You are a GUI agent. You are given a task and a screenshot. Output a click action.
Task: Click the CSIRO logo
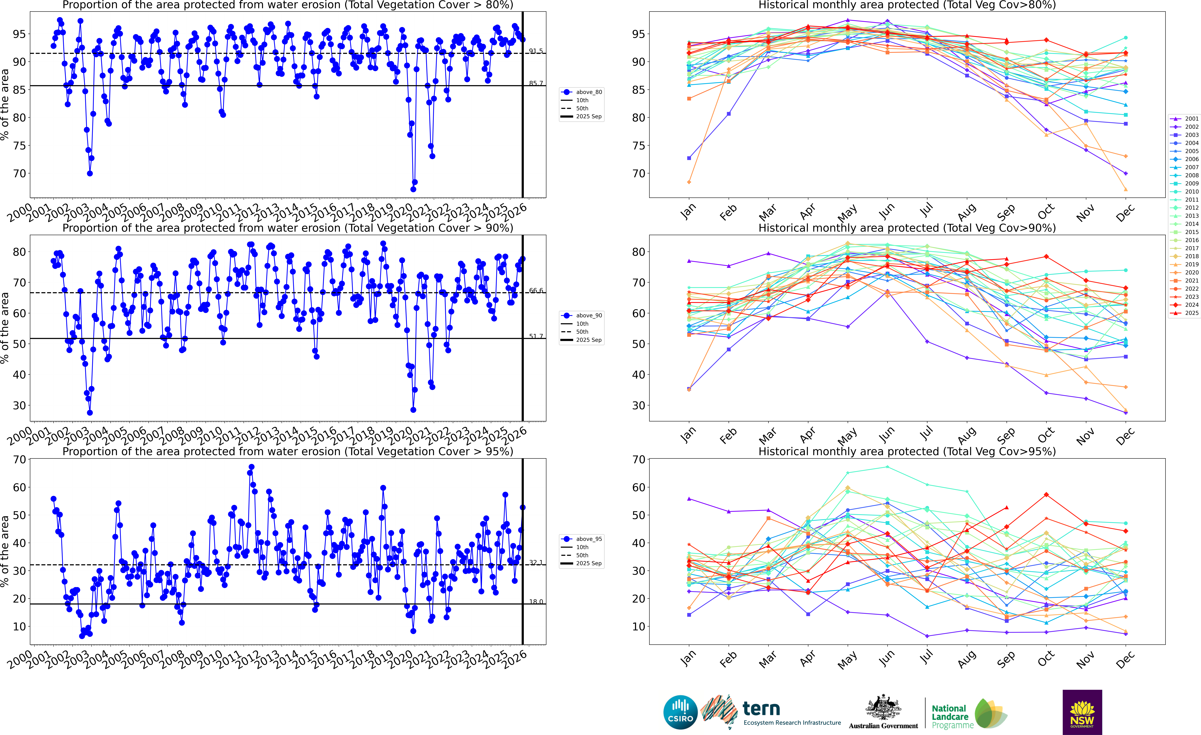(680, 712)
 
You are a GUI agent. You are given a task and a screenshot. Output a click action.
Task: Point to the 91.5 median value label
(536, 51)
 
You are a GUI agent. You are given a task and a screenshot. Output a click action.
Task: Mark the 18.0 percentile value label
(536, 601)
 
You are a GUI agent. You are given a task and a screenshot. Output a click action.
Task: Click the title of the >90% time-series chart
(288, 228)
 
